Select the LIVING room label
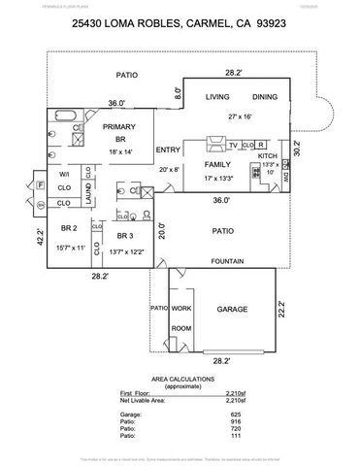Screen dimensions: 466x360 coord(215,96)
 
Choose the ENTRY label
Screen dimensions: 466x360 coord(168,150)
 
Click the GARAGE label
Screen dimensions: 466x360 coord(232,310)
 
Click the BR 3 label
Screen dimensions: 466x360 coord(126,236)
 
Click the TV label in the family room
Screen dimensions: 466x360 coord(233,146)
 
